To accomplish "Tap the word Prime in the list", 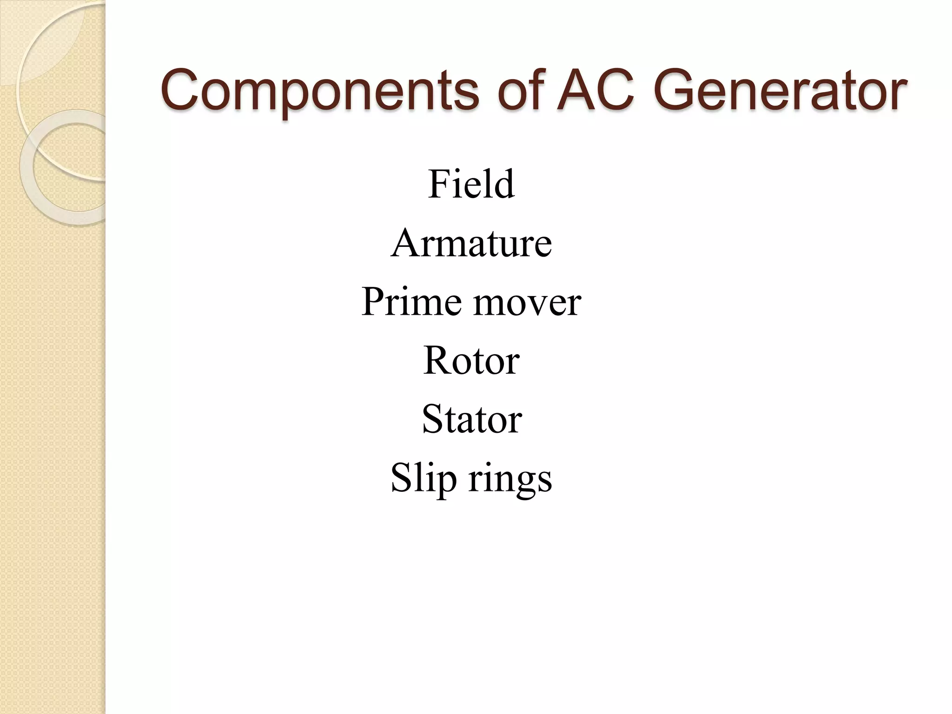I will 411,302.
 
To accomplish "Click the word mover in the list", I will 527,302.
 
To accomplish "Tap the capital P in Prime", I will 374,302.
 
